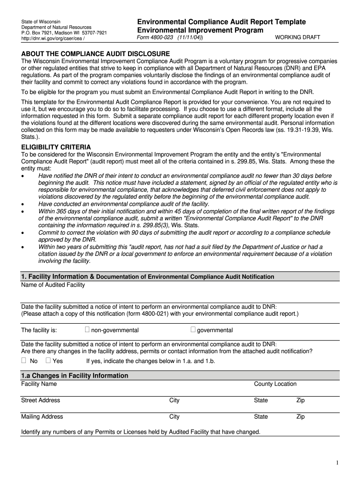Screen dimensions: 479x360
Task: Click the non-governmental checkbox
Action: pos(87,330)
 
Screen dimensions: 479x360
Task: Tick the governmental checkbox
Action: pos(193,330)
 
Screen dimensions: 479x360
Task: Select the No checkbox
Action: pos(24,361)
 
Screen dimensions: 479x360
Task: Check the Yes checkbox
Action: pos(48,361)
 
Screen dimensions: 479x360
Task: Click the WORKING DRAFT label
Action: pos(298,37)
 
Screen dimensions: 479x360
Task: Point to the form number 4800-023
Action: pos(156,37)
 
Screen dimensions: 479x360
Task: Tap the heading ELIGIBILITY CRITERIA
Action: pos(56,147)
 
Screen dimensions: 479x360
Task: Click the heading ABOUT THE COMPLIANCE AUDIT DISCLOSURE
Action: pos(95,54)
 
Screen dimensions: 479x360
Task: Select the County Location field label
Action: pos(275,384)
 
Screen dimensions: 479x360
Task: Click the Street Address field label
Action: pos(41,400)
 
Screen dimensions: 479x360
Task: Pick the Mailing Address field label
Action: pos(42,417)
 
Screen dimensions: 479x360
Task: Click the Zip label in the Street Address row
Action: pos(300,400)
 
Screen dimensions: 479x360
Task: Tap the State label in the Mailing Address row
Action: pos(261,417)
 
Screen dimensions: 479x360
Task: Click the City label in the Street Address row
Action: pos(174,400)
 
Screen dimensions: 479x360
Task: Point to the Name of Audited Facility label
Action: pos(53,285)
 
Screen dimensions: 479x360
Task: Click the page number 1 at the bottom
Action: pos(337,463)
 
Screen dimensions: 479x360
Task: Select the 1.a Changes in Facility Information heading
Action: pos(75,376)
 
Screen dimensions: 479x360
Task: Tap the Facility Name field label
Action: pos(39,384)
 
